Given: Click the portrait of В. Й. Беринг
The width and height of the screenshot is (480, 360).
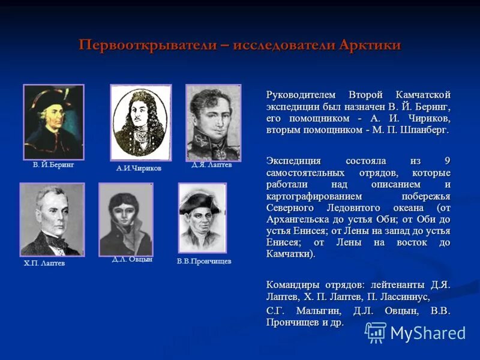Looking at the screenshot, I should [x=53, y=122].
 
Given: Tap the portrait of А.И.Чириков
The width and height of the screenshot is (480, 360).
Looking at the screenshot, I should [x=140, y=122].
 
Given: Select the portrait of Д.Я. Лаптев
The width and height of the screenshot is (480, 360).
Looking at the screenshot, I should [x=213, y=122].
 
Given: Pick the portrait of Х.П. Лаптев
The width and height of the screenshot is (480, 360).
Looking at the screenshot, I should [x=52, y=219].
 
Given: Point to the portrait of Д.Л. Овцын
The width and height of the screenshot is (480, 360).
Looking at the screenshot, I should [x=126, y=219].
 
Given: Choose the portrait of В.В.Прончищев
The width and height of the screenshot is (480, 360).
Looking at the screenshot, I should [x=202, y=218].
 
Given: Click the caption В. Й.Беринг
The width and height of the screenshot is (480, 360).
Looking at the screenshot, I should [x=53, y=164].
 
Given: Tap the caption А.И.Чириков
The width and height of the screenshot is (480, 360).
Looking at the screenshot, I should [x=139, y=169].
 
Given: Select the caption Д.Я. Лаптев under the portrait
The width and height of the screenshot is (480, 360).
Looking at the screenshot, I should [x=211, y=164].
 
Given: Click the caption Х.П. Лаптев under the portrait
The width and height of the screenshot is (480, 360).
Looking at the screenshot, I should [x=45, y=263].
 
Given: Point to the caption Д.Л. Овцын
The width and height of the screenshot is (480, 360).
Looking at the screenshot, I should [x=131, y=259].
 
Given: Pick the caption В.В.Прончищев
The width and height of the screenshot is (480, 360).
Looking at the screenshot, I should [x=204, y=261].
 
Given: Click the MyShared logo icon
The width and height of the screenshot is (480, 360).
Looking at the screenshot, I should [x=376, y=332].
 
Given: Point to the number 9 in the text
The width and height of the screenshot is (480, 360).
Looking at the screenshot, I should [x=448, y=161].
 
